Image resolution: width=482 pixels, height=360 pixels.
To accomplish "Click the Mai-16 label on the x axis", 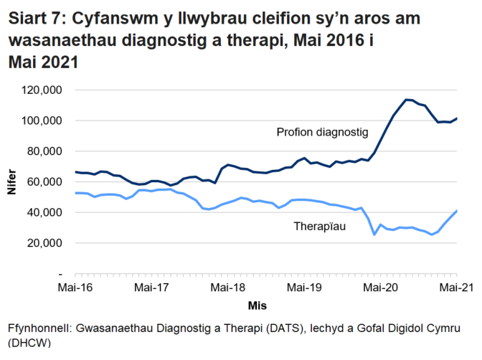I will pyautogui.click(x=75, y=288).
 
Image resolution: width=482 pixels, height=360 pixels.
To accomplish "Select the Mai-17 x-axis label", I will pyautogui.click(x=151, y=288).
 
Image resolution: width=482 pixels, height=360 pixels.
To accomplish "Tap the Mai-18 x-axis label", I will pyautogui.click(x=228, y=288).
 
